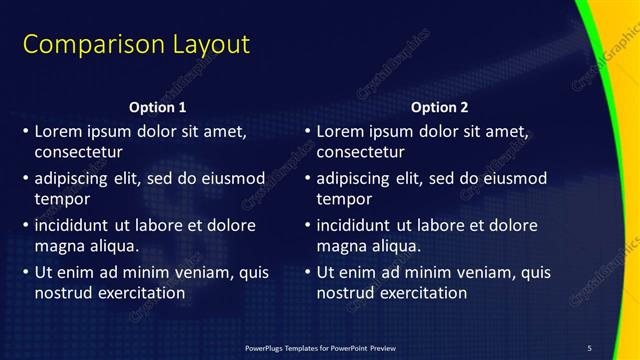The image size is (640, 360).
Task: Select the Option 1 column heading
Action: coord(158,107)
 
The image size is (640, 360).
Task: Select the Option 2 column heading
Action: coord(439,107)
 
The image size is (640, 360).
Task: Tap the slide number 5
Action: coord(589,347)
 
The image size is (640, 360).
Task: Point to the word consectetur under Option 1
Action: coord(79,153)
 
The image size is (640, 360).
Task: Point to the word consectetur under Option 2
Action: coord(361,153)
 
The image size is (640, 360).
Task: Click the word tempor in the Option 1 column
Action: coord(63,199)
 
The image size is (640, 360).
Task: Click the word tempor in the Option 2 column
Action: coord(345,199)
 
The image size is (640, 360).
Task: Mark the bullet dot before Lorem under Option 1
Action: coord(24,132)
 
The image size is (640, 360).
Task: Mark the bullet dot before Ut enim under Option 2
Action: coord(306,273)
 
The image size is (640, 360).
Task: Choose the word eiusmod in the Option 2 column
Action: coord(511,179)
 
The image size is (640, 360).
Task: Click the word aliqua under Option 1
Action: coord(109,245)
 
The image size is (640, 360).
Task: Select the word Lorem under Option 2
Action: coord(341,131)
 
